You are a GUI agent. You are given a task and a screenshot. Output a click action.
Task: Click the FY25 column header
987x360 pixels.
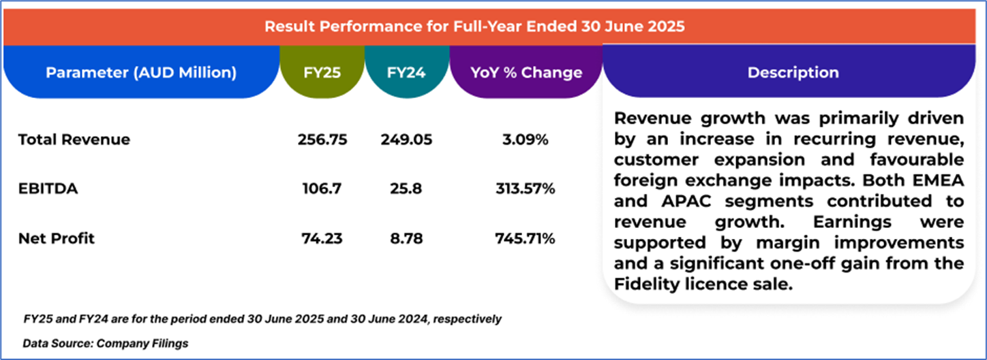click(322, 72)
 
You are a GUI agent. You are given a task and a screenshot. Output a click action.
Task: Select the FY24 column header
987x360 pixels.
click(406, 72)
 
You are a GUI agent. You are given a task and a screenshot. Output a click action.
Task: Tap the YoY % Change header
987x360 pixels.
click(526, 72)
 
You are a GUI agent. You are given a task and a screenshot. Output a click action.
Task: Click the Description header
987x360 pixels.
click(793, 72)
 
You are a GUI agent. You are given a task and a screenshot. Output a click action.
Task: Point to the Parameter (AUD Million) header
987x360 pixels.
click(141, 72)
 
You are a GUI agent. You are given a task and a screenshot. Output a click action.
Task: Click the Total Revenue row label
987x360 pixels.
click(74, 140)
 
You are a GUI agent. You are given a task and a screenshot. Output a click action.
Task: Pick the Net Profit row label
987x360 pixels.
click(57, 239)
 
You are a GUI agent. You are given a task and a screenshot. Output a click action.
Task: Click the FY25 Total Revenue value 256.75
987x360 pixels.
click(322, 140)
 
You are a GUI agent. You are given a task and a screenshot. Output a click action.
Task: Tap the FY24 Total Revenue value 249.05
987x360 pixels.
click(406, 140)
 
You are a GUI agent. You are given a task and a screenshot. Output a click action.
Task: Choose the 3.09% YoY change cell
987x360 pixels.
click(526, 140)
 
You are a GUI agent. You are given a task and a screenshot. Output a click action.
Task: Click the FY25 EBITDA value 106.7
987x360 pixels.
click(322, 189)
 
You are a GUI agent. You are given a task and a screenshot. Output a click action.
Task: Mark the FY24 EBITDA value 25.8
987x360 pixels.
click(406, 189)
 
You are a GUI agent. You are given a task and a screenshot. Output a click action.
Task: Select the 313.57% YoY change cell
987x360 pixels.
click(526, 189)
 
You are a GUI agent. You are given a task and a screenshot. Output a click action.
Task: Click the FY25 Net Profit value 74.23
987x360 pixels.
click(322, 239)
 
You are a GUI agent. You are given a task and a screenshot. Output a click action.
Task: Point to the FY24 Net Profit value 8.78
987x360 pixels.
click(406, 239)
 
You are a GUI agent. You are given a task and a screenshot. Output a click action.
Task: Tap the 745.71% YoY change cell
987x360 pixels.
click(526, 239)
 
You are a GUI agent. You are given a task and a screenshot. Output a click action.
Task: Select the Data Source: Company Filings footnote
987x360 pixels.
click(106, 344)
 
